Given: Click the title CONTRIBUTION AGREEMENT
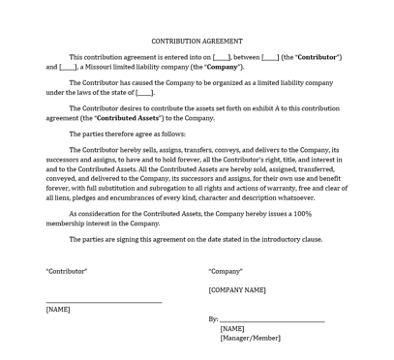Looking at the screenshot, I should (197, 42).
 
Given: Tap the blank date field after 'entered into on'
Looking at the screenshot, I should (222, 57).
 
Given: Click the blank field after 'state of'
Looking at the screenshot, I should (144, 93).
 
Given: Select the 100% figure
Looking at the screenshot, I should (301, 213).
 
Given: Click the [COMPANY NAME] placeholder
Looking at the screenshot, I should (237, 289).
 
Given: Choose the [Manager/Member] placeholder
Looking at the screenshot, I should (250, 338).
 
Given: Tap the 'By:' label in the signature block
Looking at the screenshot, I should (213, 318).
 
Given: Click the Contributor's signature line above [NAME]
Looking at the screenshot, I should (104, 302).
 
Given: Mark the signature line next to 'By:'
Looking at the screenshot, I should (272, 320).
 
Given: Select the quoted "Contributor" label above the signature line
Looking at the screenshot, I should (67, 271).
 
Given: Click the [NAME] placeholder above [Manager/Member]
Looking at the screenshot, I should (232, 328).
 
